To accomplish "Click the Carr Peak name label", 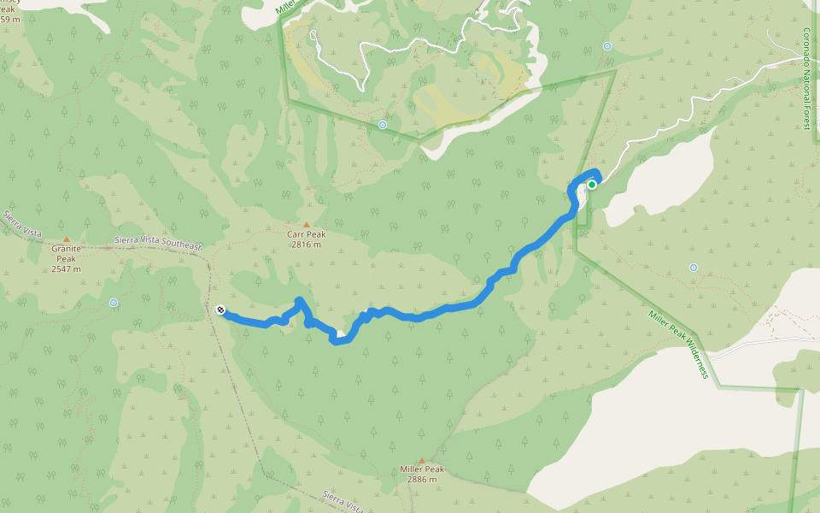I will pyautogui.click(x=306, y=233).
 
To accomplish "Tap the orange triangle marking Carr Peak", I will pyautogui.click(x=306, y=225).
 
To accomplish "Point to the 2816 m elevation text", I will pyautogui.click(x=306, y=244).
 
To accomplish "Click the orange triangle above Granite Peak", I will pyautogui.click(x=67, y=240).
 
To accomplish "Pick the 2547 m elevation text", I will pyautogui.click(x=67, y=268).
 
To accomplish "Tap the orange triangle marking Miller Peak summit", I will pyautogui.click(x=421, y=461).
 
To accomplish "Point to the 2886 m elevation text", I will pyautogui.click(x=422, y=480).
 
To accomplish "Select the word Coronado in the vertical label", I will pyautogui.click(x=805, y=50).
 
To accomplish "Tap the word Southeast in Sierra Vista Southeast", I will pyautogui.click(x=181, y=245).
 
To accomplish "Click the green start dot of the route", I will pyautogui.click(x=591, y=184).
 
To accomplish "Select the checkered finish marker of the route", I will pyautogui.click(x=220, y=310).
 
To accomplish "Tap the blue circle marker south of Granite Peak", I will pyautogui.click(x=114, y=302).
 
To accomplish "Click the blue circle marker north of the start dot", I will pyautogui.click(x=607, y=46).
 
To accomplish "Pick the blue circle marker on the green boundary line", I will pyautogui.click(x=382, y=125).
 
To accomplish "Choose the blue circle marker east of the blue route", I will pyautogui.click(x=693, y=268).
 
